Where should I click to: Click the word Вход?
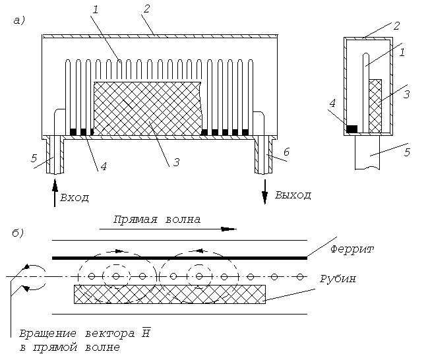coord(75,197)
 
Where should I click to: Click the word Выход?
coord(293,195)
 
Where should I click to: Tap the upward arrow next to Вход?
coord(55,193)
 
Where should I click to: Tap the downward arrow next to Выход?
coord(264,192)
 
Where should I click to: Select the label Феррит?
coord(352,249)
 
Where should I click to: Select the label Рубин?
coord(338,279)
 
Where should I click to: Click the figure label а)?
coord(19,20)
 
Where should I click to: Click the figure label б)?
coord(18,233)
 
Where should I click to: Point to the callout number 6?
coord(286,152)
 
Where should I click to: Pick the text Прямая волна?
coord(157,220)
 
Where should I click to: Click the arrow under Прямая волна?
coord(168,229)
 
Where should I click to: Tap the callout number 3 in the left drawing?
coord(177,162)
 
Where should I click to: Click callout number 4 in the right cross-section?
coord(332,104)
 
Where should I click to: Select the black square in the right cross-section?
coord(352,129)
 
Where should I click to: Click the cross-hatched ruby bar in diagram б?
coord(169,294)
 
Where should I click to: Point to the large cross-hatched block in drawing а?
coord(148,108)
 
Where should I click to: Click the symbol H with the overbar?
coord(146,332)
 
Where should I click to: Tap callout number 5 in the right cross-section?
coord(407,152)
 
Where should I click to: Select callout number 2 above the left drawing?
coord(146,9)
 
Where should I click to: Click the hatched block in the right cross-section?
coord(375,106)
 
